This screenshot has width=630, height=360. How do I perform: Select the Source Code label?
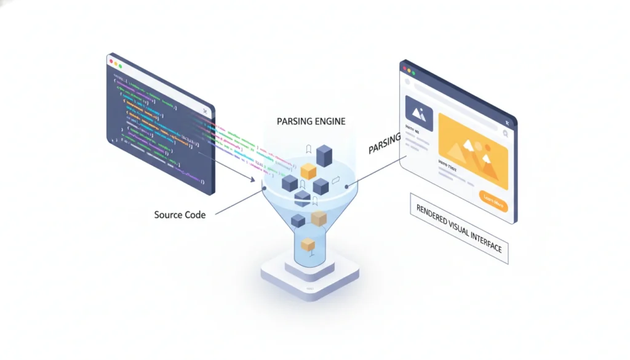(180, 215)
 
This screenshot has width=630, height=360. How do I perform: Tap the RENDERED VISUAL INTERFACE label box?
(459, 229)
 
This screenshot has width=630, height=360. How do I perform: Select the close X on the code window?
(204, 111)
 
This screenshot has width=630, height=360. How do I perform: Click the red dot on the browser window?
(404, 68)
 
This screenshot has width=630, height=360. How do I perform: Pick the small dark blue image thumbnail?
(418, 113)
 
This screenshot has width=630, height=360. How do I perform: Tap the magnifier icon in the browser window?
(504, 132)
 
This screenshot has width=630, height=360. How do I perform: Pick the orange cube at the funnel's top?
(308, 171)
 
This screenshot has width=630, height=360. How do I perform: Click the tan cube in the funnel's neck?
(318, 218)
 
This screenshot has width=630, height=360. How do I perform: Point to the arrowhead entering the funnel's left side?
(252, 179)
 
